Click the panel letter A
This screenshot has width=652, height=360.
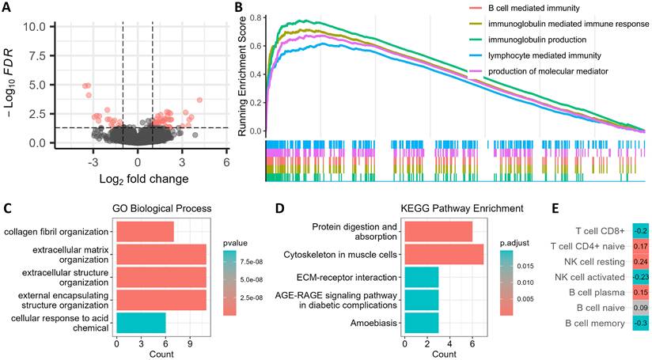pos(6,7)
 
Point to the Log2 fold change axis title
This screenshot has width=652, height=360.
pos(144,179)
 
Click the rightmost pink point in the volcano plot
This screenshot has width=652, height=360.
pos(199,100)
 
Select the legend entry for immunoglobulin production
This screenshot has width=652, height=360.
pos(537,40)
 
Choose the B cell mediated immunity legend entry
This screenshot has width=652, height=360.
pos(534,9)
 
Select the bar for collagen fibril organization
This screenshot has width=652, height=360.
pos(145,232)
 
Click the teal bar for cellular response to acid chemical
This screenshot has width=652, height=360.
pos(141,323)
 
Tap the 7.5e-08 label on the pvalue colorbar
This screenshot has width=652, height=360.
pos(251,262)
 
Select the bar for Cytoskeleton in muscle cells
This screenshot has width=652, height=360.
pos(444,255)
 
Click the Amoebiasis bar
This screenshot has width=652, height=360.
pos(422,323)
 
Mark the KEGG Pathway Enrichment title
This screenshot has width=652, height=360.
pos(461,208)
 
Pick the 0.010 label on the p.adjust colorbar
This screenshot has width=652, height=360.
pos(525,282)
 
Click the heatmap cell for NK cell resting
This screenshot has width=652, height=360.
pos(641,262)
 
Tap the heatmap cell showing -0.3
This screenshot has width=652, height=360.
pos(641,324)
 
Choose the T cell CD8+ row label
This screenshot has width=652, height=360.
pos(600,231)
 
